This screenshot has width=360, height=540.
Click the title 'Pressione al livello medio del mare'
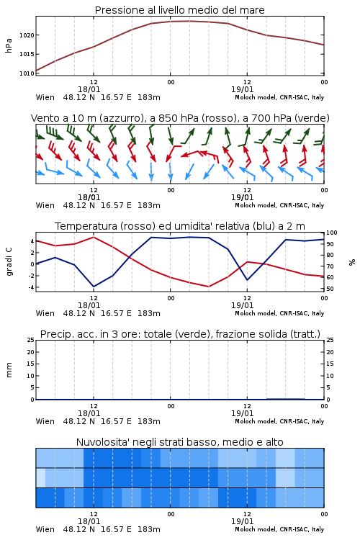pos(179,10)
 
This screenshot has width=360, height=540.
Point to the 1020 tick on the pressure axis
pos(27,35)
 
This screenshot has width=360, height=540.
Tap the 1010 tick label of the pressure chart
pos(27,73)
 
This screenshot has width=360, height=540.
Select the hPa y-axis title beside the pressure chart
pos(9,45)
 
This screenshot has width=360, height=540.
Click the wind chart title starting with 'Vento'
pos(180,118)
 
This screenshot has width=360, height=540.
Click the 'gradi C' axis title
pos(9,261)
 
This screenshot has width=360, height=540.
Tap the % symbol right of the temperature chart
pos(352,262)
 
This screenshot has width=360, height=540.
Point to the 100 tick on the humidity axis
pos(331,233)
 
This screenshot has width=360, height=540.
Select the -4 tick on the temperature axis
pos(31,287)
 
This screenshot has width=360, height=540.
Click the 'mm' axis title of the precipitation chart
pos(9,369)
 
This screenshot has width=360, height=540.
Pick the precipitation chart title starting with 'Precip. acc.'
pos(180,334)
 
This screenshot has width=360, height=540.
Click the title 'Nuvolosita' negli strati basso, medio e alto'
pos(179,442)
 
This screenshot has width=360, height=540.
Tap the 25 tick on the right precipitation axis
pos(330,340)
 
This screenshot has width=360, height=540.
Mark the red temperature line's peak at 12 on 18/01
pos(94,237)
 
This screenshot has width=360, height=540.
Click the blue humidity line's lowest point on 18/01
pos(94,287)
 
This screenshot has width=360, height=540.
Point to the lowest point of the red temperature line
pos(208,287)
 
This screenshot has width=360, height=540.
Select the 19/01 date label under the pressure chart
pos(242,89)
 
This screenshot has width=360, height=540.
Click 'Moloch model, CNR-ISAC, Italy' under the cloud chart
pos(279,529)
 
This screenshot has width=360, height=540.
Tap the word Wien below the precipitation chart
pos(45,421)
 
